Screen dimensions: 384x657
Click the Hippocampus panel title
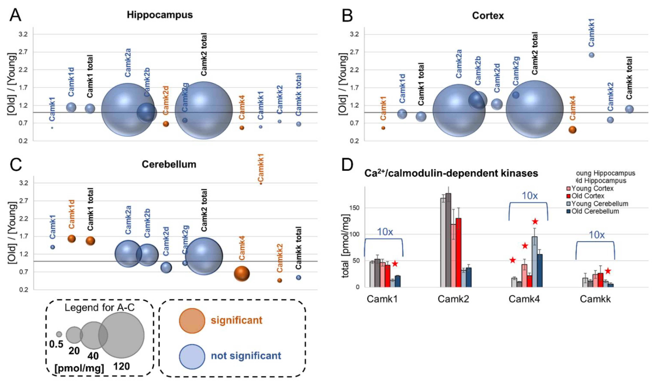coord(160,15)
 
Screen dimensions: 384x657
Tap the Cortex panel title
coord(488,16)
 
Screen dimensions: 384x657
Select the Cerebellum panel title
coord(169,164)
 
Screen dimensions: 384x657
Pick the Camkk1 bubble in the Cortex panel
coord(591,55)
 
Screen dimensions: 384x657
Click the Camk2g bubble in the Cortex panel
coord(516,95)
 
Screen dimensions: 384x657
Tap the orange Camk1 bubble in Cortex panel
coord(383,128)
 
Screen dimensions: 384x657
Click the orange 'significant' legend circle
coord(192,321)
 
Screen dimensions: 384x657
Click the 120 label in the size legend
coord(122,366)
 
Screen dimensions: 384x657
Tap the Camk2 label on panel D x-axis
coord(453,299)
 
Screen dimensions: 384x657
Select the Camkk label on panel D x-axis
coord(595,299)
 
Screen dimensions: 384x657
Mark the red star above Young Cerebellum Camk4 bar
coord(535,222)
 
